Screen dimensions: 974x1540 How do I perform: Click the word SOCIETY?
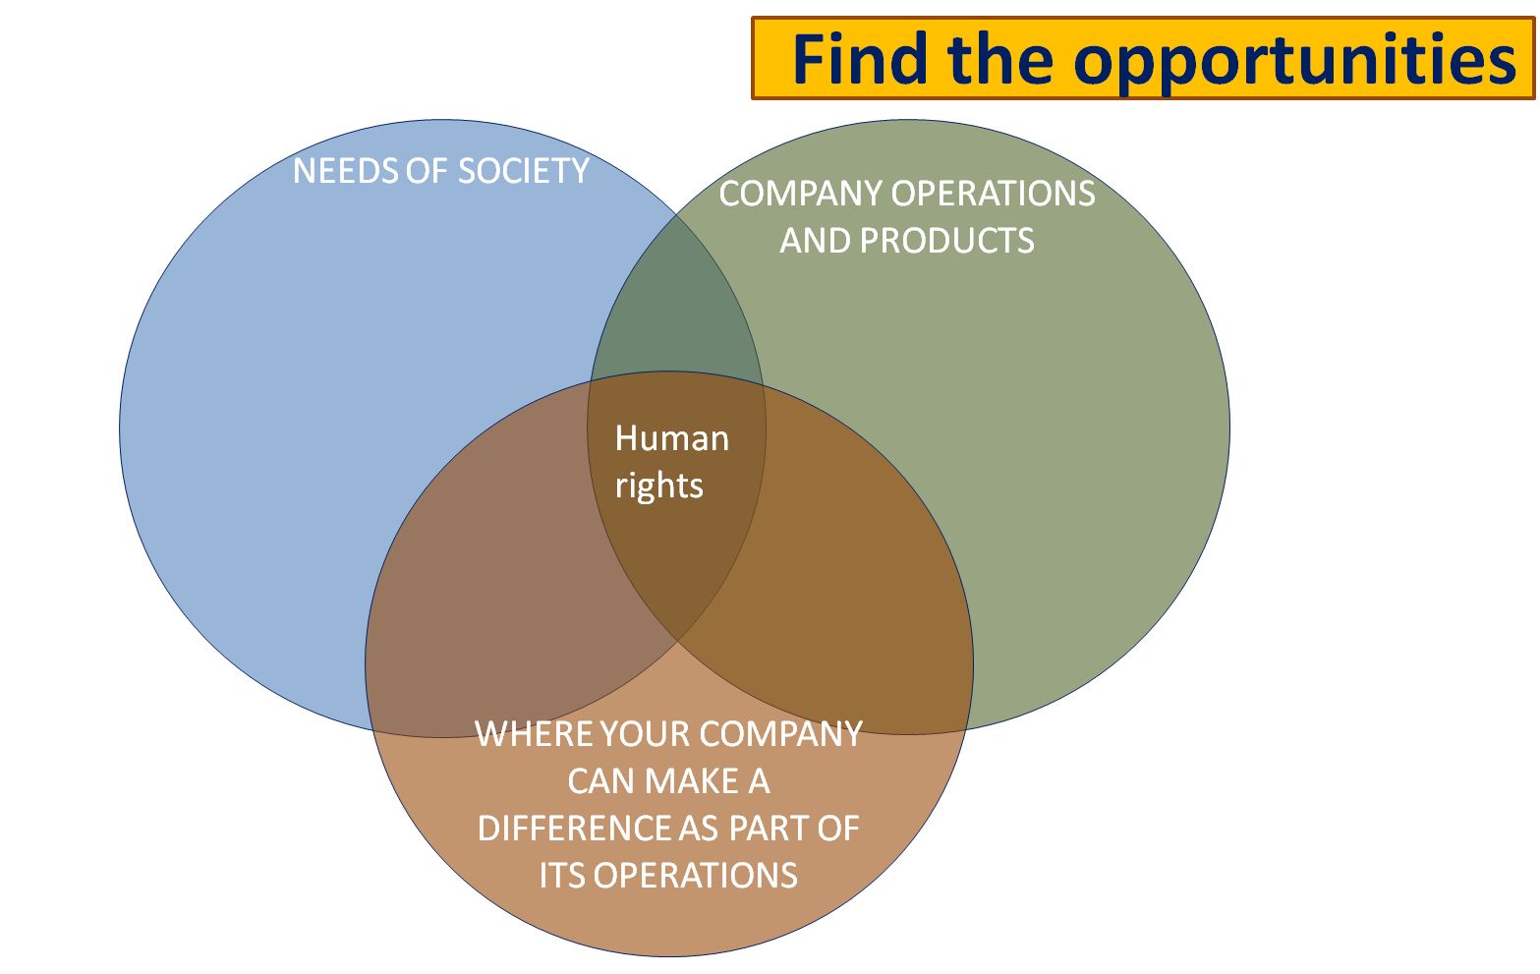523,171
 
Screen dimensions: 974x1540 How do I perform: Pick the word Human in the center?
671,438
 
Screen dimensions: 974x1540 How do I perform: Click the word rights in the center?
658,486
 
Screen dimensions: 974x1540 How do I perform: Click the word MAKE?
692,781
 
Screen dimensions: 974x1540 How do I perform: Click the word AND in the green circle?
816,241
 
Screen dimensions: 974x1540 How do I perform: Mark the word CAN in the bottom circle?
600,781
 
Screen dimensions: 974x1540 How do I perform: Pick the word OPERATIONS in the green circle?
993,194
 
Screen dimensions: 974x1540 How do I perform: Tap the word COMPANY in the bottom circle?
781,734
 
